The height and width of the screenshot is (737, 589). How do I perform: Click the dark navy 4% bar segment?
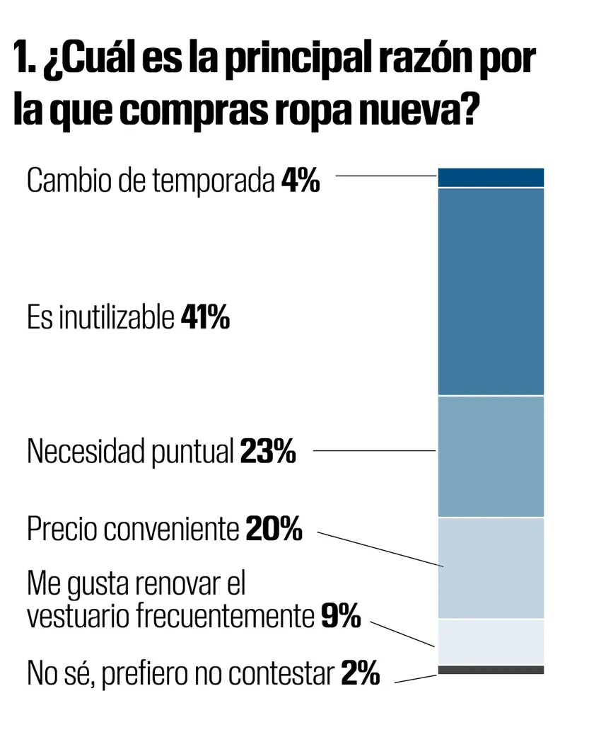(x=491, y=177)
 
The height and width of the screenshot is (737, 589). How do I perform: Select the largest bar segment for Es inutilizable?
(x=491, y=291)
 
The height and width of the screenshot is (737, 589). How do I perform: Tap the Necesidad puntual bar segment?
(x=491, y=456)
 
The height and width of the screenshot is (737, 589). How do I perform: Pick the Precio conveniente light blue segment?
(x=491, y=568)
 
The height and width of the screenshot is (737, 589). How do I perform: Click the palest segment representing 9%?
(x=491, y=641)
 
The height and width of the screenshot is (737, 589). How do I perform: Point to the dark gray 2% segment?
(x=491, y=670)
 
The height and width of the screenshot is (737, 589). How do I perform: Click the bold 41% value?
(x=205, y=319)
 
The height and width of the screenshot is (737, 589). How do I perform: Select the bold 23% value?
(x=267, y=451)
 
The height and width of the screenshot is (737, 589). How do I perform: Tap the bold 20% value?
(x=274, y=529)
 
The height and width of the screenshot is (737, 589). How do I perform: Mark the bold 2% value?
(x=360, y=673)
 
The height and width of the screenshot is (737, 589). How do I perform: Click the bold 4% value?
(x=301, y=181)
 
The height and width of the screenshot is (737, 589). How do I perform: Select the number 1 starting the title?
(x=21, y=60)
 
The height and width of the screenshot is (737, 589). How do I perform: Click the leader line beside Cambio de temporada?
(x=385, y=176)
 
